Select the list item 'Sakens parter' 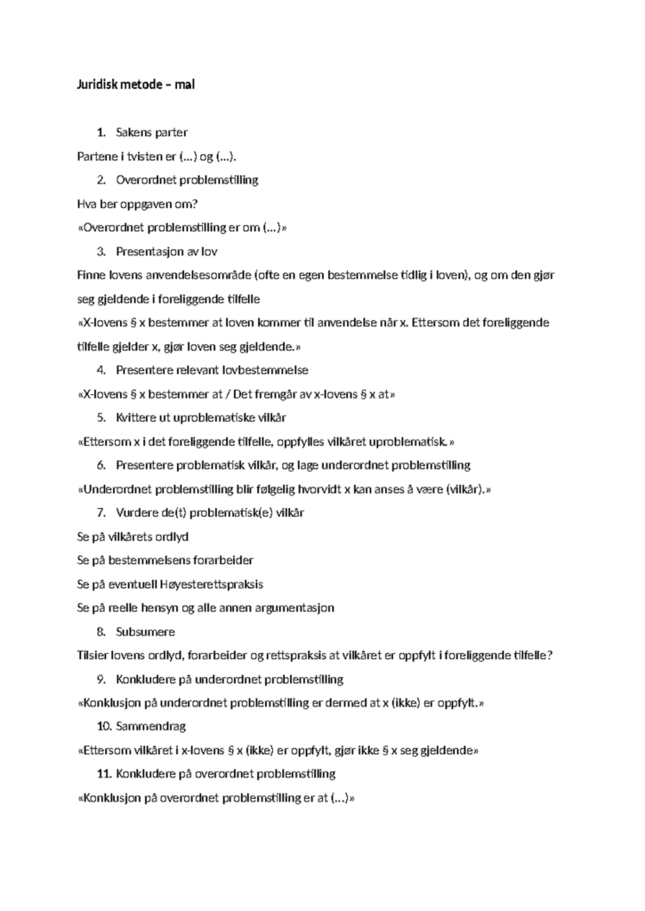point(151,133)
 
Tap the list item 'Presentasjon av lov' point(166,251)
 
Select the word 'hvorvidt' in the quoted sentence point(318,488)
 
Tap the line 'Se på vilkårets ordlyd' point(133,536)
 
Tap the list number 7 point(102,512)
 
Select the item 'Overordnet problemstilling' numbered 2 point(187,180)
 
